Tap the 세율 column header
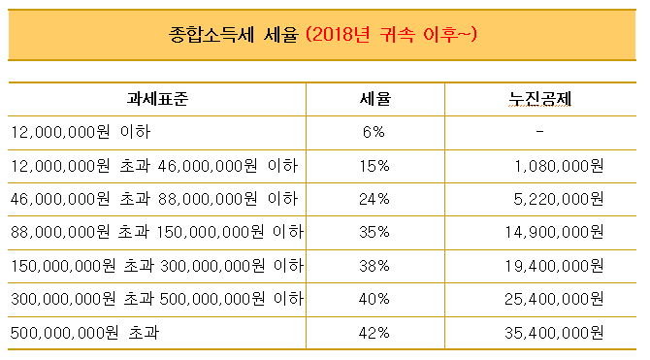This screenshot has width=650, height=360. pyautogui.click(x=374, y=98)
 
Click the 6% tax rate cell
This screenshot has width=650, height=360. pyautogui.click(x=374, y=132)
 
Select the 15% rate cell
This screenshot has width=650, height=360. pyautogui.click(x=374, y=166)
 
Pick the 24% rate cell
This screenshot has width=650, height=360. pyautogui.click(x=374, y=200)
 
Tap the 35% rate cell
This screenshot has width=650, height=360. pyautogui.click(x=374, y=233)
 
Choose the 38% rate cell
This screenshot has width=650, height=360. pyautogui.click(x=374, y=267)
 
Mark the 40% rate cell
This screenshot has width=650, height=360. pyautogui.click(x=374, y=300)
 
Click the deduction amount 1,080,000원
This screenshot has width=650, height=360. pyautogui.click(x=559, y=166)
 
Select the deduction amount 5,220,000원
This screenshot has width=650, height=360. pyautogui.click(x=559, y=200)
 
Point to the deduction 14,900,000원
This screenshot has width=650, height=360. pyautogui.click(x=555, y=233)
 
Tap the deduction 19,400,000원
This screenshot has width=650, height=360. pyautogui.click(x=555, y=267)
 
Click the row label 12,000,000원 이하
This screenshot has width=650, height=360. pyautogui.click(x=81, y=132)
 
